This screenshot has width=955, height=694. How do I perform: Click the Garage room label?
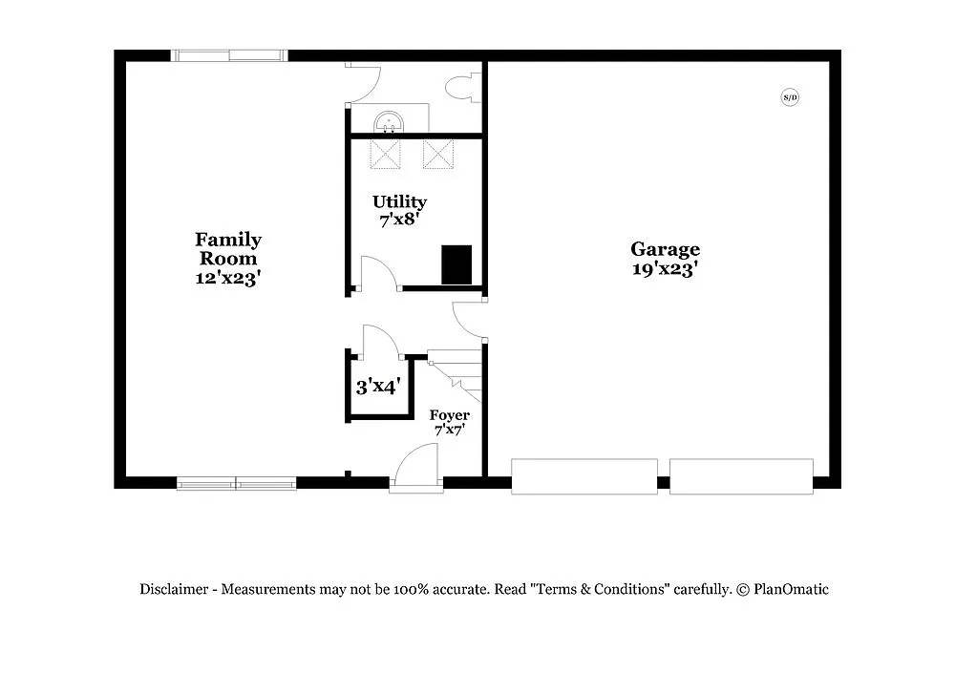(665, 250)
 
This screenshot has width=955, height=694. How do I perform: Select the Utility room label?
(399, 201)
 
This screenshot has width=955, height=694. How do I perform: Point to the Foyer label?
(449, 415)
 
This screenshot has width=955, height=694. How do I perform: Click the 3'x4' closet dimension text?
(377, 387)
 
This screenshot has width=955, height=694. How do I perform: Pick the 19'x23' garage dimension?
(665, 269)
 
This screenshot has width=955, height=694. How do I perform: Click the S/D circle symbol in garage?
(790, 96)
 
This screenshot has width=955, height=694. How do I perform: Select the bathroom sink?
(389, 121)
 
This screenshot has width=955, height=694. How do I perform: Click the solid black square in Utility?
(456, 264)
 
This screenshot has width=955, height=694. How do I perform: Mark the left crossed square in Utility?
(385, 154)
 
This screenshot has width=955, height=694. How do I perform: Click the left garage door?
(584, 476)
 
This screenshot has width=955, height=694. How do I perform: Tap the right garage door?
(741, 476)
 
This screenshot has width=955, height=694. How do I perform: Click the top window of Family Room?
(229, 55)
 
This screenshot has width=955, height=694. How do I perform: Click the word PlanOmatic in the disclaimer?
(792, 589)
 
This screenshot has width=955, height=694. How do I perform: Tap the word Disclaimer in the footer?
(174, 589)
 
